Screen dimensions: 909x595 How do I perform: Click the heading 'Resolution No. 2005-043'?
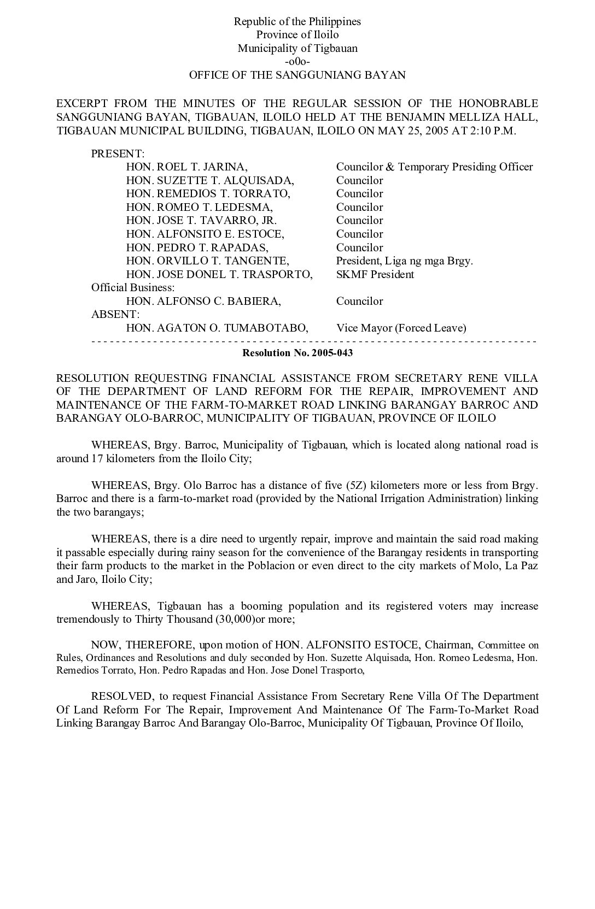297,353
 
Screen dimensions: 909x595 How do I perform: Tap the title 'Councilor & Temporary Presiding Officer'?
434,167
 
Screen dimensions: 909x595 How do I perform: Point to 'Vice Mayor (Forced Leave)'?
401,328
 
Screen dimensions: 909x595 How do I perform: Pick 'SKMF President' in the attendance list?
375,275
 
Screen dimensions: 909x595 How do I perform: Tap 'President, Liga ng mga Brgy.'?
404,261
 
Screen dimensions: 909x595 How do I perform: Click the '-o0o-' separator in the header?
297,62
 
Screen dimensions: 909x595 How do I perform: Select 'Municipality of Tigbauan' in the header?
297,49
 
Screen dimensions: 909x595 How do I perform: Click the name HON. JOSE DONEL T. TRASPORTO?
219,275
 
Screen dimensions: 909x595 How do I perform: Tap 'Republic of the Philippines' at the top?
297,22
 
